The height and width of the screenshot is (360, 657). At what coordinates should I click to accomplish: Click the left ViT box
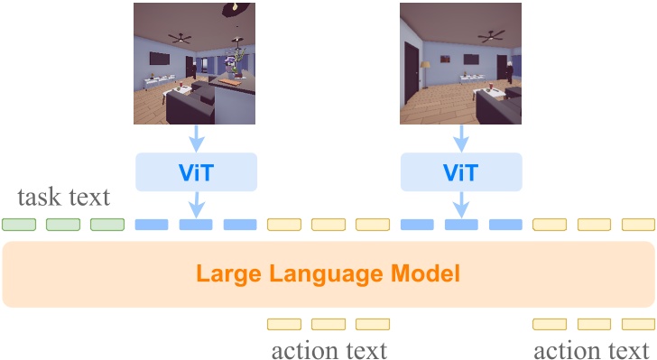(x=196, y=171)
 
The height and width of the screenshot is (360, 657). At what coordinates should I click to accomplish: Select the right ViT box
(x=462, y=171)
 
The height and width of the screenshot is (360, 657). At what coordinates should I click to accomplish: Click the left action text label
(x=328, y=348)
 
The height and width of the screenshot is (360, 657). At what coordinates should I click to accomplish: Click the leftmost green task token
(x=18, y=224)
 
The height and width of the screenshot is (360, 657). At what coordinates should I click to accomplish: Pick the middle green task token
(x=62, y=224)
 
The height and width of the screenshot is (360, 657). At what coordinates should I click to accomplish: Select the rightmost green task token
(x=107, y=224)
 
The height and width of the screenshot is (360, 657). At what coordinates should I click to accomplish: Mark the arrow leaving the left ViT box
(x=196, y=205)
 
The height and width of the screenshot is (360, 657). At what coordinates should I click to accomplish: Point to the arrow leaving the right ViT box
(x=462, y=205)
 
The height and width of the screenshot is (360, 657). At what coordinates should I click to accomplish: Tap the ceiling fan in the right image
(x=492, y=37)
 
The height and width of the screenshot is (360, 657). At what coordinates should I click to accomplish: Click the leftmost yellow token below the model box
(x=284, y=323)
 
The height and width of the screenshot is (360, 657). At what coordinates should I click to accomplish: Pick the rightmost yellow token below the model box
(x=638, y=323)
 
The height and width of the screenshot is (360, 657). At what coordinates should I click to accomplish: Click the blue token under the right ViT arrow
(x=462, y=224)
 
